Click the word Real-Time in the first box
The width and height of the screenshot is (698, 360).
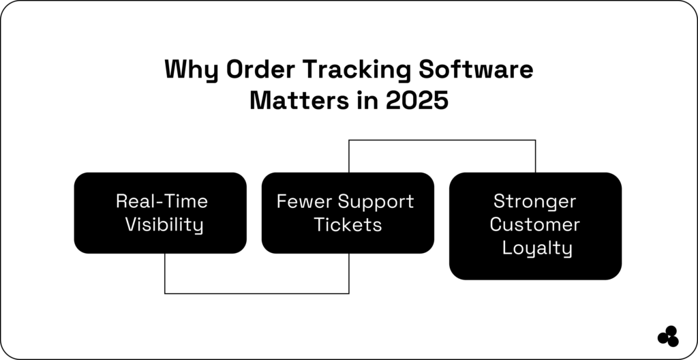162,201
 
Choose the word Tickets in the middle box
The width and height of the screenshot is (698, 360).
348,225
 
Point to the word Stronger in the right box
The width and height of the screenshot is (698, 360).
535,201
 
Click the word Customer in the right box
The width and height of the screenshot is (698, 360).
535,224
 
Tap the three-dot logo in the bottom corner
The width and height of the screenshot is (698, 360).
668,336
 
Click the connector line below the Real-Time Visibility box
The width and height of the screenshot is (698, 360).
165,273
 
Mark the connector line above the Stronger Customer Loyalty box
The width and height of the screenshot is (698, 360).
535,156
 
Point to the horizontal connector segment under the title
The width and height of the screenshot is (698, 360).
442,140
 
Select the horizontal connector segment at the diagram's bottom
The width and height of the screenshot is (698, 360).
257,294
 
